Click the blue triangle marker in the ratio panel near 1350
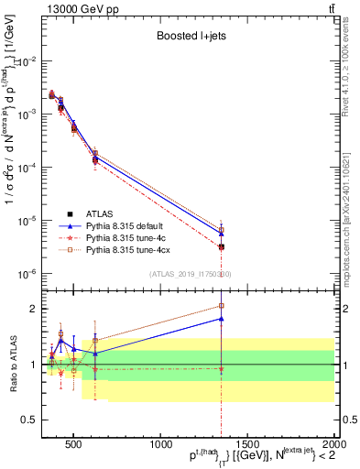coord(221,319)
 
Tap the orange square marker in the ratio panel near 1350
coord(221,306)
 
